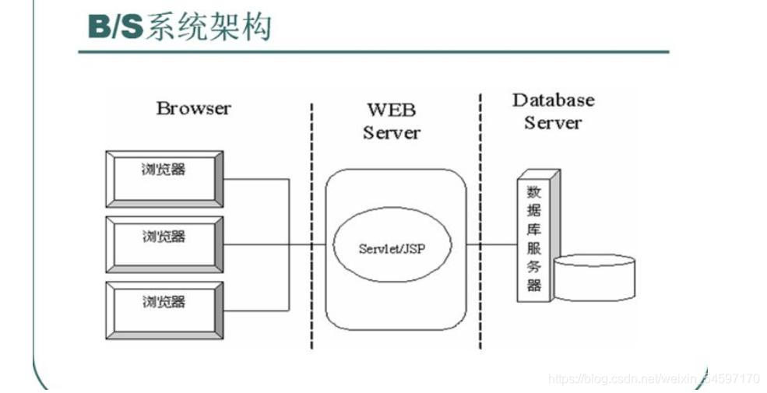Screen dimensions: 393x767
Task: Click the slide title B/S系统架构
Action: [x=179, y=26]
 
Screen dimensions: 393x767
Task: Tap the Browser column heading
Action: [x=193, y=108]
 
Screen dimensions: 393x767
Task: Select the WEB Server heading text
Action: [x=391, y=121]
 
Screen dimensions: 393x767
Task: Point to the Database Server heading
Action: [x=553, y=111]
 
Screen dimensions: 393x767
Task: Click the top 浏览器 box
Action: [x=164, y=178]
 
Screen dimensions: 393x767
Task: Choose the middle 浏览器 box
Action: [x=164, y=244]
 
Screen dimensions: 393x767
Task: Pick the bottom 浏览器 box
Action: [x=164, y=310]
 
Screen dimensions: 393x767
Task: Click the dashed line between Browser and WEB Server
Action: [x=312, y=226]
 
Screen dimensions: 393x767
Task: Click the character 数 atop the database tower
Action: [x=534, y=192]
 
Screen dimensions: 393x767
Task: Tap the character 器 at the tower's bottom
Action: [x=534, y=285]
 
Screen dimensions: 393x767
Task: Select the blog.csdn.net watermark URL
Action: [x=653, y=379]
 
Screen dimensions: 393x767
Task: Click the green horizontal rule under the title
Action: [x=374, y=52]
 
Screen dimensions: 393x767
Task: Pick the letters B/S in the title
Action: [x=115, y=26]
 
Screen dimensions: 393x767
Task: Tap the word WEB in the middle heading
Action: [x=391, y=109]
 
